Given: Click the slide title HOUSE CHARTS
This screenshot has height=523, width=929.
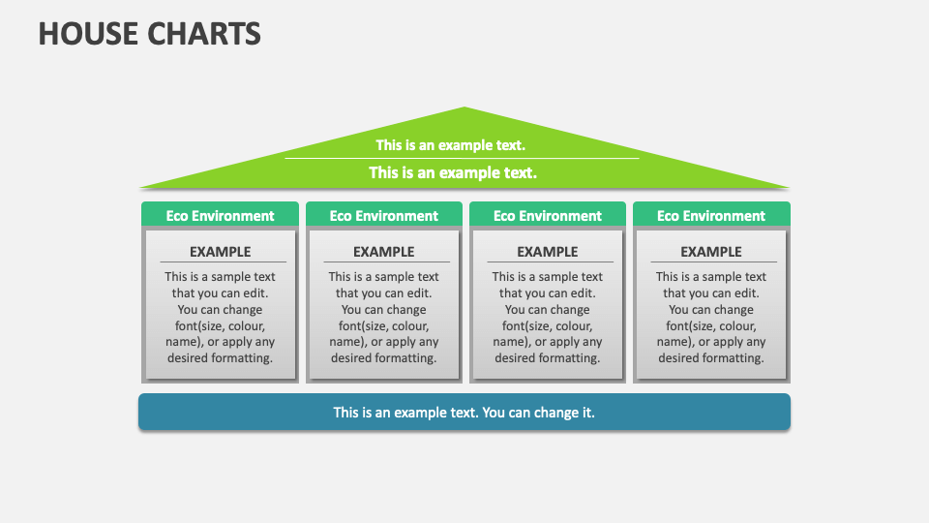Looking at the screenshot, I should [x=150, y=34].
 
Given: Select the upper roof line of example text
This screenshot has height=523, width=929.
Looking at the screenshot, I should [x=451, y=145].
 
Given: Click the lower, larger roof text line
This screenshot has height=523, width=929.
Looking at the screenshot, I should [x=453, y=172].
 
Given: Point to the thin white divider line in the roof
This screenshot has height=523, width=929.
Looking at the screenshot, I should [x=462, y=158].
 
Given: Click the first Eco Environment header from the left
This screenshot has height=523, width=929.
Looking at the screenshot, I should [x=220, y=216].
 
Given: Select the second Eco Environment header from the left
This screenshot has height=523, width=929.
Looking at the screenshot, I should [x=383, y=216].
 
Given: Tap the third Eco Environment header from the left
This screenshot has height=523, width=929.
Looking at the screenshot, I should [x=547, y=216].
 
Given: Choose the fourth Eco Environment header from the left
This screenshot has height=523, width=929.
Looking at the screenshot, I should [x=710, y=216].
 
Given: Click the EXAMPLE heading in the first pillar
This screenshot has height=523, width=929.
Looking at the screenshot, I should [x=220, y=252].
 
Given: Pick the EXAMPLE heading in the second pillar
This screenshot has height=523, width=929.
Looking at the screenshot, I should [x=383, y=252].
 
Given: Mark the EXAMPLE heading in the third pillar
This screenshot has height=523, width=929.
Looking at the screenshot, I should [x=547, y=252].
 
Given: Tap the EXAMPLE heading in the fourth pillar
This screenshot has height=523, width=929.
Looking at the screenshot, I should [x=710, y=252].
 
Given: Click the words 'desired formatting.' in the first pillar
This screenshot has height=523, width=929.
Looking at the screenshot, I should [x=220, y=357].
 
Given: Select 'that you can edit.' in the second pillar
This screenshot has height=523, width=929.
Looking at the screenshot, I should [x=383, y=292].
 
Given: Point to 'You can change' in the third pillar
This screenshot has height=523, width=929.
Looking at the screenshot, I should [x=547, y=309].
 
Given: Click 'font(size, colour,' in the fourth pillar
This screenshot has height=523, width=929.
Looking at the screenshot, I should [x=710, y=325].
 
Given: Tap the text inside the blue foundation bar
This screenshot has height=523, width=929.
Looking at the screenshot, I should [x=464, y=412].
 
